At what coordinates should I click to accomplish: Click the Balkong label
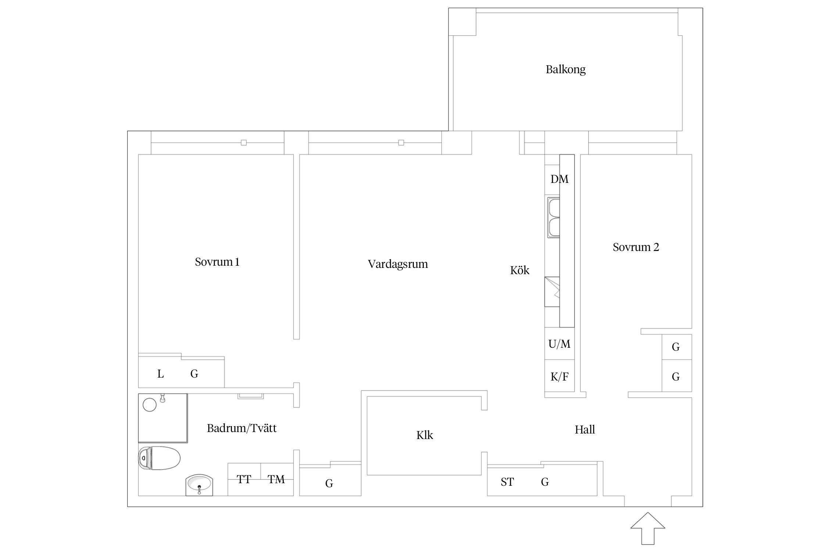[565, 70]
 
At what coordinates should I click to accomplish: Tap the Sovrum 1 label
[217, 262]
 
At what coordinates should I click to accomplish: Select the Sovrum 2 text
[636, 247]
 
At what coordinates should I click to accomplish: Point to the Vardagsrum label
[398, 264]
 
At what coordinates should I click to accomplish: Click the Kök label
[520, 270]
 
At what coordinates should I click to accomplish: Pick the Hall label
[585, 429]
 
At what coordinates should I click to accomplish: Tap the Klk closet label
[425, 435]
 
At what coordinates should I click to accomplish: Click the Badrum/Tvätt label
[241, 428]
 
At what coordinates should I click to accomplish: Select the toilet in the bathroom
[160, 458]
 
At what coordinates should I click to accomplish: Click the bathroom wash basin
[199, 485]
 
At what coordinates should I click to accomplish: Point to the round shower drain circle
[150, 405]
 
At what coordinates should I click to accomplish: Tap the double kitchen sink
[553, 217]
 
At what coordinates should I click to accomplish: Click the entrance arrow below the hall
[648, 528]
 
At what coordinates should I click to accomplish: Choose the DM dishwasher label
[559, 179]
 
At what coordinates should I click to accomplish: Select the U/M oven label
[559, 344]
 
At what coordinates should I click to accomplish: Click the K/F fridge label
[559, 376]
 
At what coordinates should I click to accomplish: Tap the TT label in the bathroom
[244, 480]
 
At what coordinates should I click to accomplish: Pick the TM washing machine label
[276, 480]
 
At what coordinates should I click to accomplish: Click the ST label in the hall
[507, 482]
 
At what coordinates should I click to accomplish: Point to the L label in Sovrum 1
[160, 374]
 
